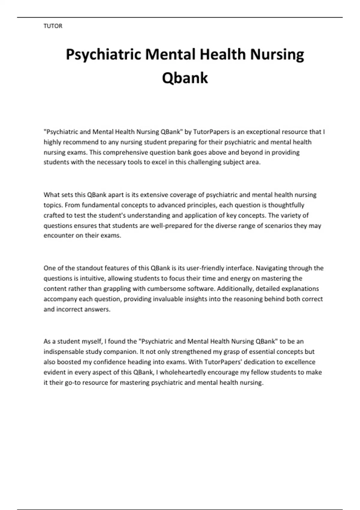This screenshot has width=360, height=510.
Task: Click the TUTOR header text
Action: pos(53,26)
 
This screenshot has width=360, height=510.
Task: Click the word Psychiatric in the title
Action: pos(103,55)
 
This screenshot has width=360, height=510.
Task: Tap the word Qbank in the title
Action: pos(185,78)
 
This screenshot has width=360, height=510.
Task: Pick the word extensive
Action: pos(154,195)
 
